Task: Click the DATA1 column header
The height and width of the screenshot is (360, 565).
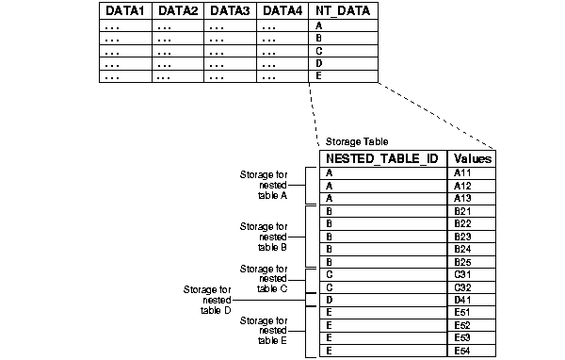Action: pos(125,11)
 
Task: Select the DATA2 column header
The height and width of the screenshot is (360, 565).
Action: pos(178,11)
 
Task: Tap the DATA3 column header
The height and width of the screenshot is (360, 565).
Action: pos(231,11)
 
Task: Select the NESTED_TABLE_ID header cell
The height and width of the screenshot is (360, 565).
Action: pos(382,158)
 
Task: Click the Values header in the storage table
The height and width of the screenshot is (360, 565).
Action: pos(472,158)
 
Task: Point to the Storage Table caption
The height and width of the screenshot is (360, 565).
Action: pos(349,141)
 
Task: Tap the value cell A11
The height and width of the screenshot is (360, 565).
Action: pos(461,173)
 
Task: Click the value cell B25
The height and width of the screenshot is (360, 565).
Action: pos(461,261)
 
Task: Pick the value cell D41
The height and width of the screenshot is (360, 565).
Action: pos(461,299)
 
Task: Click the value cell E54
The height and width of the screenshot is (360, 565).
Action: pos(461,350)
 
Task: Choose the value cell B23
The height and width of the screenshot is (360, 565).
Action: pos(461,236)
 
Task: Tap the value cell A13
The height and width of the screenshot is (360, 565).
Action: pos(461,198)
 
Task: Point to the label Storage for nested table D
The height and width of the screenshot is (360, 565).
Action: pos(209,299)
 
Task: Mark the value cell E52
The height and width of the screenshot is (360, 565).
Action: pos(461,324)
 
